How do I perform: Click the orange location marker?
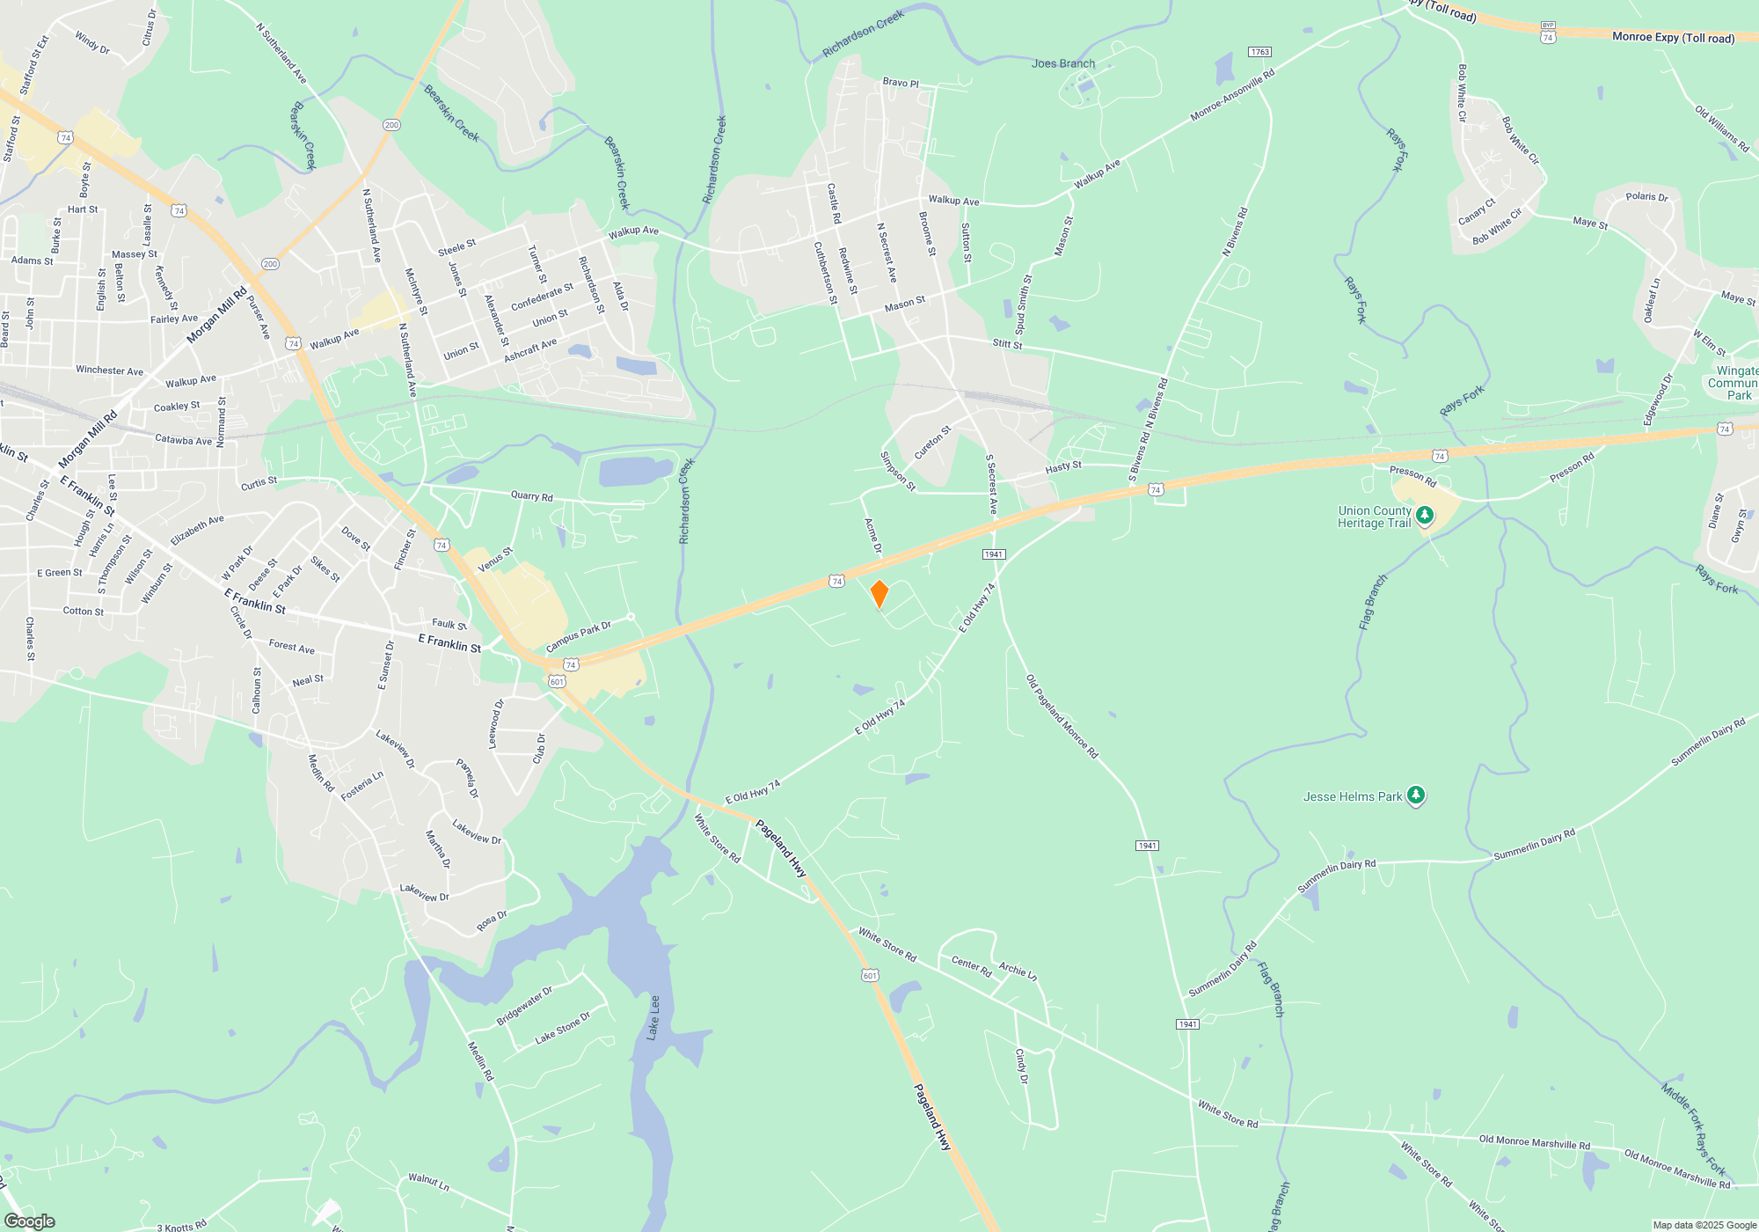click(x=879, y=594)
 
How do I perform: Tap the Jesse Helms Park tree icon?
click(x=1415, y=796)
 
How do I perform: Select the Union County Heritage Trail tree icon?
click(x=1424, y=515)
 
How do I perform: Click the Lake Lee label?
click(x=653, y=1017)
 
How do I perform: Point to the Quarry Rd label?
click(x=531, y=496)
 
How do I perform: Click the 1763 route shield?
click(x=1259, y=52)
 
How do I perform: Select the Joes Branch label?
click(x=1062, y=63)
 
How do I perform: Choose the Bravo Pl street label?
click(x=900, y=83)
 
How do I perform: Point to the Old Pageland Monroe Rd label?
click(x=1062, y=716)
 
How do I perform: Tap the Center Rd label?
click(x=971, y=967)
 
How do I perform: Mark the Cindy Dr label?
click(x=1021, y=1066)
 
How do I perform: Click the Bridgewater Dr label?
click(x=524, y=1006)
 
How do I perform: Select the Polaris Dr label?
click(x=1646, y=197)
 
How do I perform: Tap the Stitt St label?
click(x=1007, y=343)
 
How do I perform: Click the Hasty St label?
click(x=1063, y=467)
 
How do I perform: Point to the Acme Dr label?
click(x=872, y=535)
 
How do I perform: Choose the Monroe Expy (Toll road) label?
click(x=1673, y=37)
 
